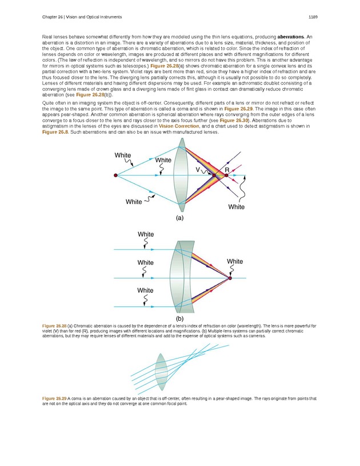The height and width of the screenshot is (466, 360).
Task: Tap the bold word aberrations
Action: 293,37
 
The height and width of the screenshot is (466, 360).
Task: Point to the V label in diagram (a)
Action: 197,170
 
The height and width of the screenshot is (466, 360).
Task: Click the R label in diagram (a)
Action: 227,170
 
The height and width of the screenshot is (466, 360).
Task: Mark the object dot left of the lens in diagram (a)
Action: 116,176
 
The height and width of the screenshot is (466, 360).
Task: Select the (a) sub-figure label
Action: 180,217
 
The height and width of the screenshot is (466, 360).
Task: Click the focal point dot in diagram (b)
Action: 230,278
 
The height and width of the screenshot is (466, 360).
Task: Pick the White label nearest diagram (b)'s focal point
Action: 235,261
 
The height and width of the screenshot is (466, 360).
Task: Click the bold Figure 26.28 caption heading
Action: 55,325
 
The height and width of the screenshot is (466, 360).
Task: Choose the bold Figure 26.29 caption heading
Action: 55,397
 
